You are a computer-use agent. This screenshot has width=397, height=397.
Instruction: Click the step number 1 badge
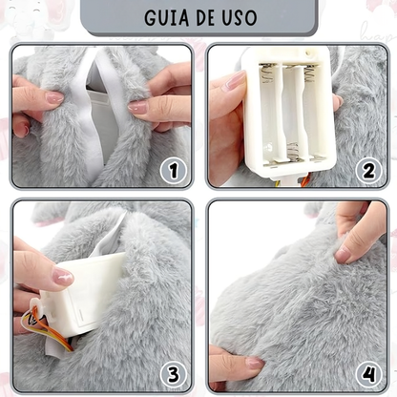pyautogui.click(x=172, y=171)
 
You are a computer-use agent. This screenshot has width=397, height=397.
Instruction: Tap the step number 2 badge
pyautogui.click(x=367, y=171)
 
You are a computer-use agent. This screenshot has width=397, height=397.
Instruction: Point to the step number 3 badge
pyautogui.click(x=172, y=372)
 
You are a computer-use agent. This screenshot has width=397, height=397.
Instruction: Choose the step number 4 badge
pyautogui.click(x=367, y=372)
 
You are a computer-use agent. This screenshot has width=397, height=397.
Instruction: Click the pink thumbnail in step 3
pyautogui.click(x=62, y=277)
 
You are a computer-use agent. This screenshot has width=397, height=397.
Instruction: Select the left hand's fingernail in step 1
pyautogui.click(x=53, y=97)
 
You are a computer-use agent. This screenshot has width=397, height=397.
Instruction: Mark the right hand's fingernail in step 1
pyautogui.click(x=139, y=108)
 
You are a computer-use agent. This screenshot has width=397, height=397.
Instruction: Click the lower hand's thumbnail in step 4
pyautogui.click(x=254, y=364)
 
